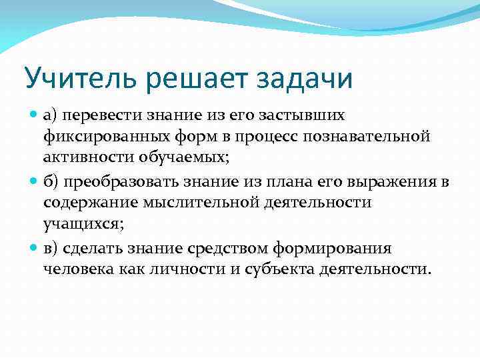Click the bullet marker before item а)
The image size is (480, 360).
point(35,115)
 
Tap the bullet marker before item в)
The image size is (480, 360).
point(35,248)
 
